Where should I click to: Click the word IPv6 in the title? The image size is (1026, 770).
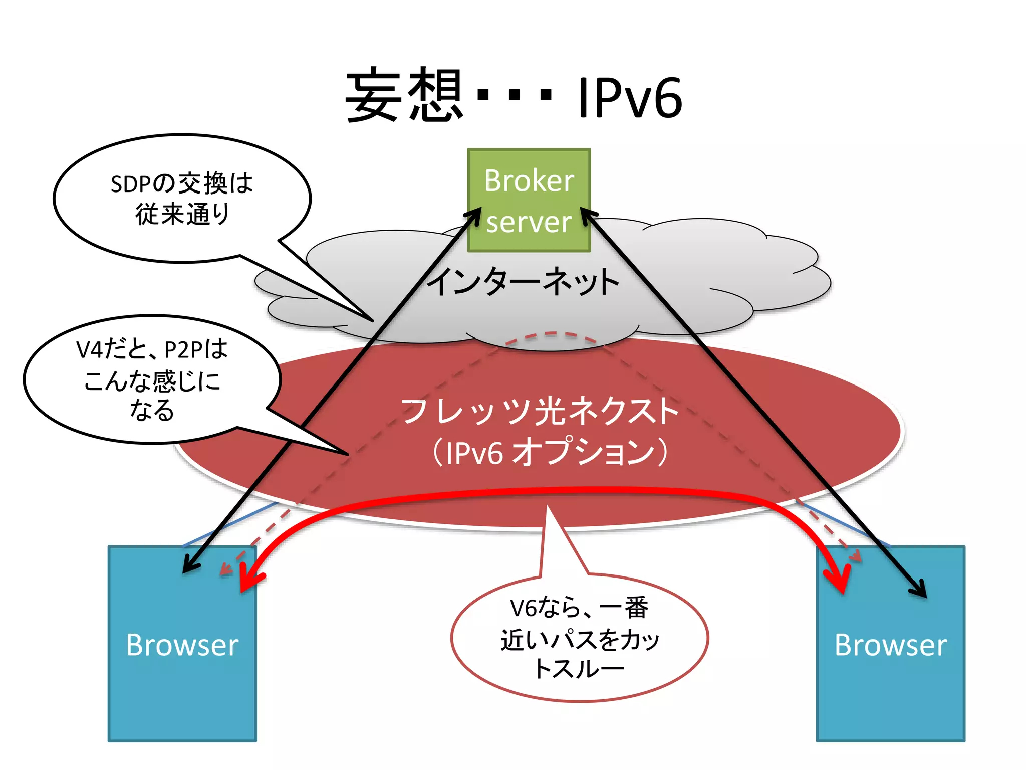(x=630, y=98)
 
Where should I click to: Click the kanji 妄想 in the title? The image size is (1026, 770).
(x=404, y=95)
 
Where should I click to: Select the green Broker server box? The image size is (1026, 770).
(x=529, y=200)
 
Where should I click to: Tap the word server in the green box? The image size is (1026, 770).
(x=529, y=222)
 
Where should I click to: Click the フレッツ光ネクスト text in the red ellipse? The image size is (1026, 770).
(x=540, y=411)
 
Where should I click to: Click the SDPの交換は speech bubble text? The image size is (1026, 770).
(x=182, y=183)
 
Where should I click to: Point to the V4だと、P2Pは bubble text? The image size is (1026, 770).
(x=152, y=349)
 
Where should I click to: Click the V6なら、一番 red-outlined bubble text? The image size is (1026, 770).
(x=579, y=608)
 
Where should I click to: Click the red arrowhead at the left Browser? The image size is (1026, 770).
(x=248, y=582)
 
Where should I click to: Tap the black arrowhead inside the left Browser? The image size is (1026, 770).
(x=189, y=566)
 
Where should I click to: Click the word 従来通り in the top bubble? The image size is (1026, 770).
(x=182, y=215)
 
